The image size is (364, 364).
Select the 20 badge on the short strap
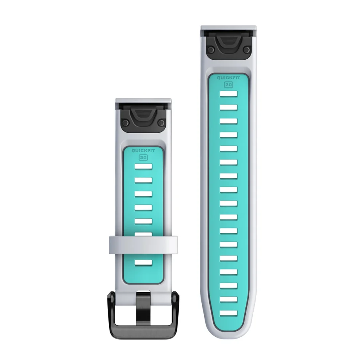(x=143, y=158)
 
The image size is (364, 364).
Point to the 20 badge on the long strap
(x=228, y=84)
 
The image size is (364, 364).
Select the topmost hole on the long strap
(x=228, y=94)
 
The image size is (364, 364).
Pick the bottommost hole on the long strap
(x=228, y=312)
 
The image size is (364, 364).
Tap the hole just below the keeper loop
(x=143, y=262)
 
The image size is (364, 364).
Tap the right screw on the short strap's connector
(x=162, y=123)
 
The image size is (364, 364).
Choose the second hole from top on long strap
(x=228, y=107)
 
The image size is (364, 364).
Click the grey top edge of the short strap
(x=143, y=100)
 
